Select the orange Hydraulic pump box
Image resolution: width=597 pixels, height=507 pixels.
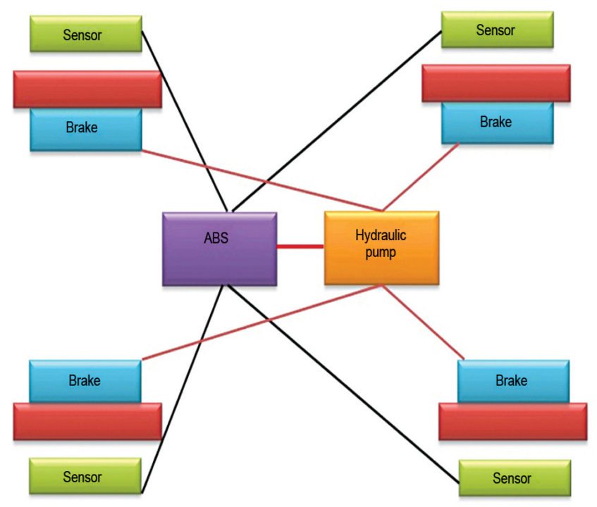[x=381, y=248]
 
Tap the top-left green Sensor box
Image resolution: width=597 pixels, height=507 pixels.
[x=86, y=34]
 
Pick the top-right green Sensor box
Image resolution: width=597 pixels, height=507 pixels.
[x=497, y=30]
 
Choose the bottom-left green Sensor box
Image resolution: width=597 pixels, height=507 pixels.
[x=85, y=476]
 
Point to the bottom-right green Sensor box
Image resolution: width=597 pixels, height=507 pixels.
[x=515, y=478]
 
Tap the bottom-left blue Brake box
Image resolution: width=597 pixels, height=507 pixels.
[x=85, y=381]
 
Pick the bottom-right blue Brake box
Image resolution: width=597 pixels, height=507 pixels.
[x=512, y=381]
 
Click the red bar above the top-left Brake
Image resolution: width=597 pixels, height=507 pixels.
[x=87, y=89]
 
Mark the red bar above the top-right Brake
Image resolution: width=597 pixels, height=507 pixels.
[x=496, y=84]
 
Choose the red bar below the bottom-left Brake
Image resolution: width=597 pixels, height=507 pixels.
[x=87, y=421]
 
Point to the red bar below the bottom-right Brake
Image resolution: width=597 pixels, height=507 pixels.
[x=512, y=421]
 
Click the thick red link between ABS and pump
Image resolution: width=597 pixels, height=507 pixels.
[x=300, y=246]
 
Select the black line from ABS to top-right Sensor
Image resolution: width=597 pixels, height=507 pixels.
[x=337, y=120]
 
